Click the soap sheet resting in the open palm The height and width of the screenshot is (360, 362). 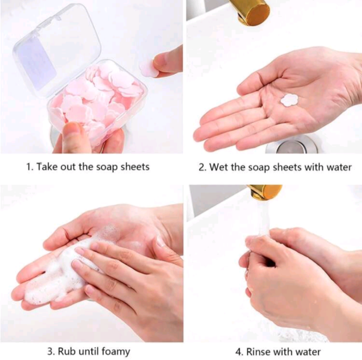coord(289,100)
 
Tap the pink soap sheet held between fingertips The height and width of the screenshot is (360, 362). coord(148,68)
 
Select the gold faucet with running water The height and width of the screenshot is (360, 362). coord(265,191)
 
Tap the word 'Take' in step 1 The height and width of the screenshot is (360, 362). coord(47,167)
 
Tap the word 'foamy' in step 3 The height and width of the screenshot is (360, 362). coord(116,352)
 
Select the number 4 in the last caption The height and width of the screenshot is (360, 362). coord(239,352)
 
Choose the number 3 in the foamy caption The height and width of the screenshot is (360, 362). coord(51,352)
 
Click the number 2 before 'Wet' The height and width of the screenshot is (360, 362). coord(202,167)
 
